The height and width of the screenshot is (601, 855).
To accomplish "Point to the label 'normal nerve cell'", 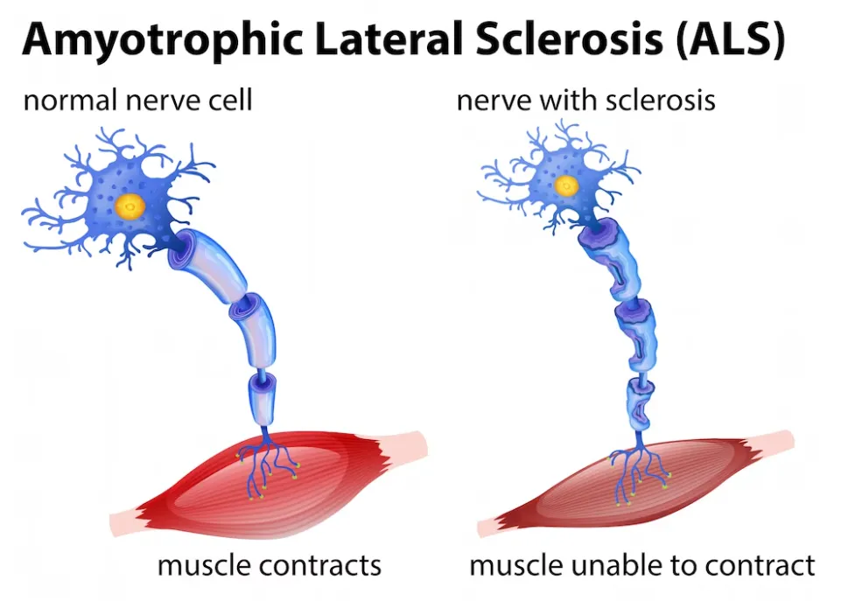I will [x=137, y=101].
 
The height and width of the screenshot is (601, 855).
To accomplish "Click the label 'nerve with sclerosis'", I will [x=585, y=101].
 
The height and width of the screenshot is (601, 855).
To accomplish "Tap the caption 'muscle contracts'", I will [x=269, y=565].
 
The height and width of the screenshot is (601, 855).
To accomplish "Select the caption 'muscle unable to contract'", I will [x=641, y=565].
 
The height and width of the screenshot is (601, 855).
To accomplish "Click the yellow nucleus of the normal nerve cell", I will [x=130, y=206].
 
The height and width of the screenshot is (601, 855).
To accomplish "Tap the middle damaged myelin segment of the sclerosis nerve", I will [x=634, y=337].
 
